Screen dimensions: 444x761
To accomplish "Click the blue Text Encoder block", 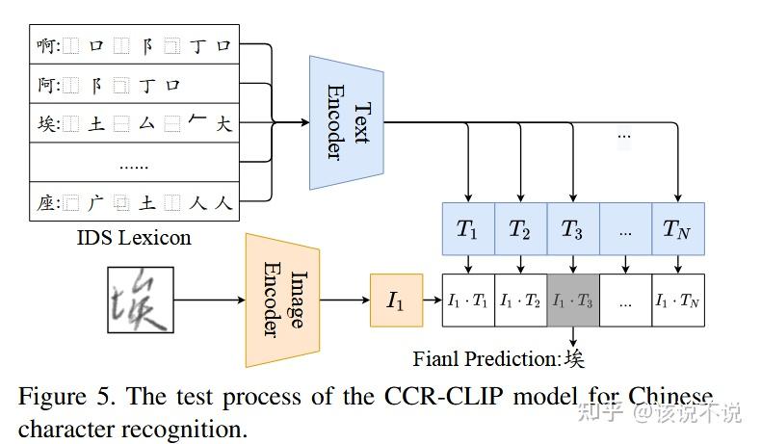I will (x=347, y=122).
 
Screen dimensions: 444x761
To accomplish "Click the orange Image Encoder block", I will (x=282, y=300).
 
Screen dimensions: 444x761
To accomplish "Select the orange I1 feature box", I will (x=396, y=300).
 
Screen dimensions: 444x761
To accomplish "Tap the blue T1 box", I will (x=467, y=229).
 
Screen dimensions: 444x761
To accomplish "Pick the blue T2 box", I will (x=520, y=229).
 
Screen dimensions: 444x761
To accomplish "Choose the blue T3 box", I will (x=572, y=229).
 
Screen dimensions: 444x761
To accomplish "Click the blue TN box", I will (x=678, y=229).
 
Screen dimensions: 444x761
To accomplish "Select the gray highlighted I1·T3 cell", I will (x=572, y=300).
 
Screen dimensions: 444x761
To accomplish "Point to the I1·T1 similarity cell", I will (x=467, y=300).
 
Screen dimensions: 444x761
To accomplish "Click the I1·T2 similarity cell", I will (x=520, y=300).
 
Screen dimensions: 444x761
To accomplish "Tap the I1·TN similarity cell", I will (x=678, y=300).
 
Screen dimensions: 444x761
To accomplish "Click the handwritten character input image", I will (x=141, y=300).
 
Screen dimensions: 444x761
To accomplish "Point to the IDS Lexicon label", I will (x=134, y=237).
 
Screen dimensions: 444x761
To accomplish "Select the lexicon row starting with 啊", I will (x=134, y=44).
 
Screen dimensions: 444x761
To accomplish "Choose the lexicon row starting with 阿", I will (x=134, y=84).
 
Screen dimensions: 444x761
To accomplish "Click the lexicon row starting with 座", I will (x=134, y=202).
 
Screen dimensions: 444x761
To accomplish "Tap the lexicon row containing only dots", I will (x=134, y=163).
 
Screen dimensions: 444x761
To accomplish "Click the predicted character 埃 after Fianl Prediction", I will (x=574, y=358).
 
